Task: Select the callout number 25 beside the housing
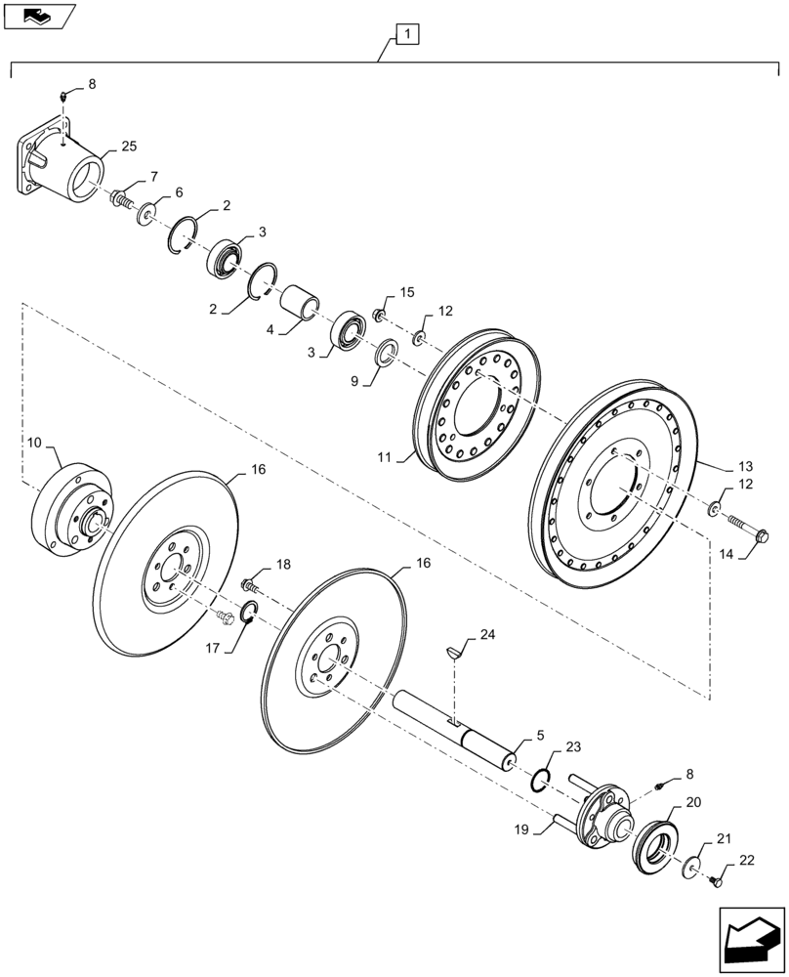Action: (x=129, y=147)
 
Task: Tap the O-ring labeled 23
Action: (x=539, y=781)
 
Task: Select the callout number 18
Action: (x=282, y=565)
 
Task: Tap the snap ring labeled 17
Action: (x=248, y=613)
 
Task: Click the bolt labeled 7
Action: (x=123, y=197)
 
